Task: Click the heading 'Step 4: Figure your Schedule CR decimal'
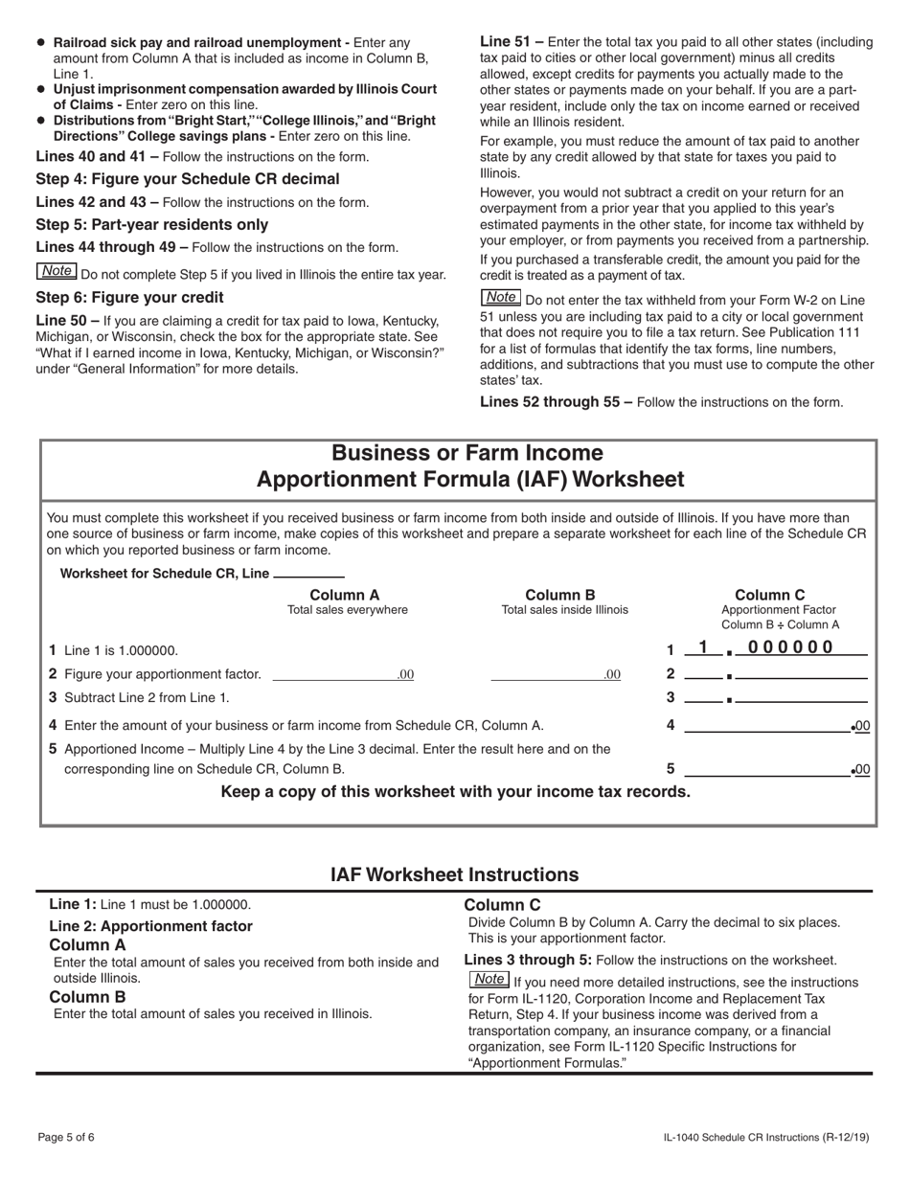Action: (x=187, y=179)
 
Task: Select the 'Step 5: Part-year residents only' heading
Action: (x=151, y=225)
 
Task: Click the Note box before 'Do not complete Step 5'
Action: (x=57, y=272)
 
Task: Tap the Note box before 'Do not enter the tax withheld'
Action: (x=500, y=298)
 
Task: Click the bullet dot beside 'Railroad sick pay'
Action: (x=40, y=43)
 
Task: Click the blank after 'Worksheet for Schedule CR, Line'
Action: (x=308, y=574)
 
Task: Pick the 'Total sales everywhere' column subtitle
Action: (x=347, y=610)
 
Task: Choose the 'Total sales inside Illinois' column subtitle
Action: (x=565, y=610)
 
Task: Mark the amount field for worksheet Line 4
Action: (x=766, y=726)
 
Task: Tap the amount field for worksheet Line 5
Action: (x=766, y=768)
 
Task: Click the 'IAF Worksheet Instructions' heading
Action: (x=454, y=874)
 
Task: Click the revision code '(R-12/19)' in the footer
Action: (x=846, y=1137)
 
